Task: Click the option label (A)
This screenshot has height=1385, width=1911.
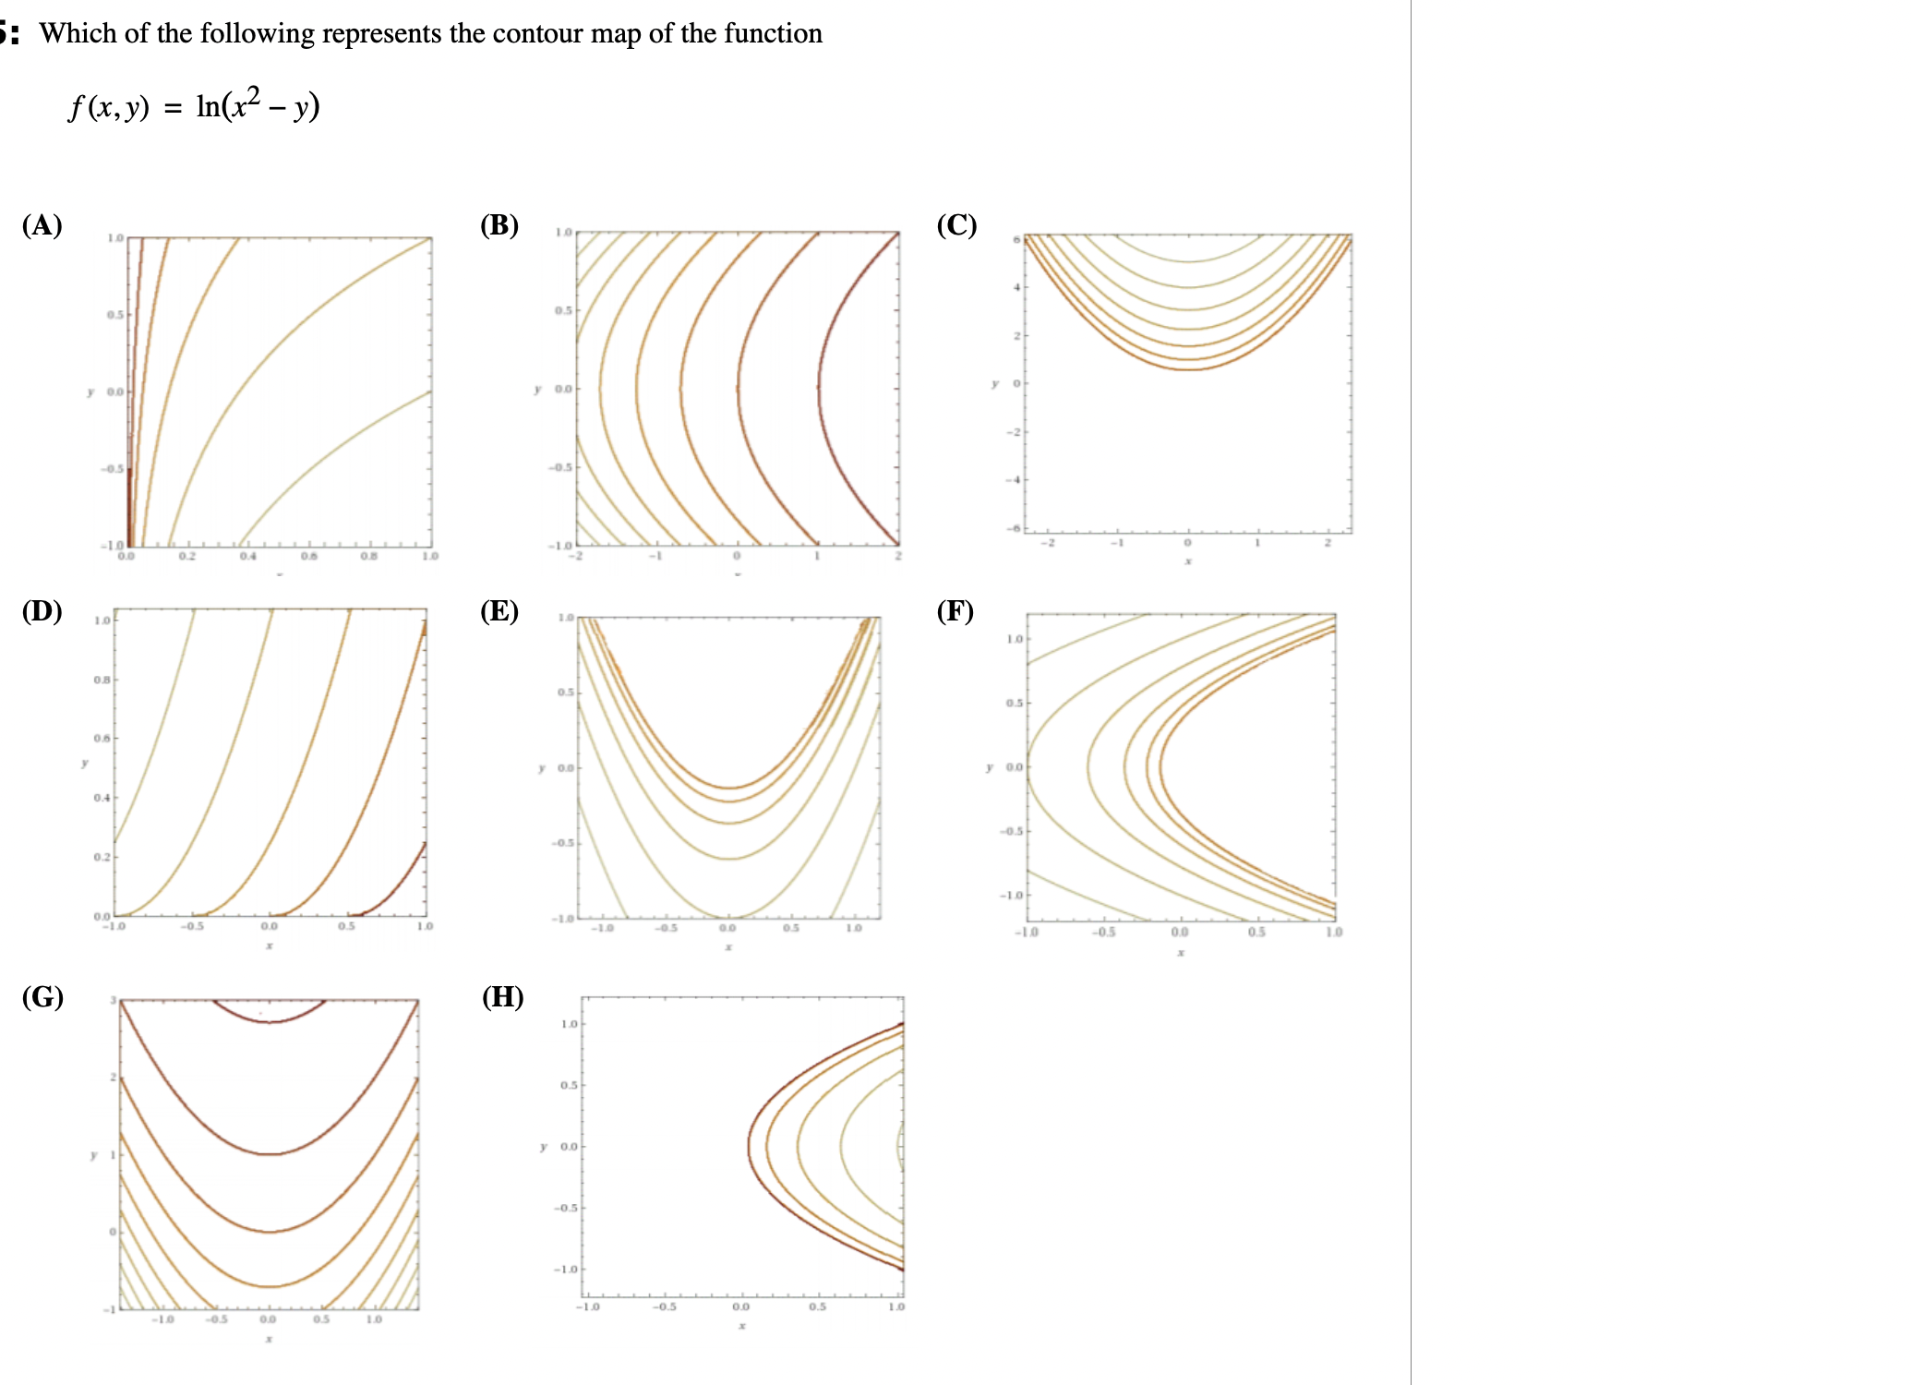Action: (x=42, y=225)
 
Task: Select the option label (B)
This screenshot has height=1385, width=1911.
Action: (x=499, y=225)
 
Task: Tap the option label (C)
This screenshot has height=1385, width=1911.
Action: (x=956, y=225)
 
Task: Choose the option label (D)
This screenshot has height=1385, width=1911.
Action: (x=42, y=611)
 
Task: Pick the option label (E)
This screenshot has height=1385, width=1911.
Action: (x=499, y=611)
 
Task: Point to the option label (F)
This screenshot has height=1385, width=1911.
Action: (x=955, y=611)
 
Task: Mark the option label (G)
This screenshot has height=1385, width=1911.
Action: (x=42, y=997)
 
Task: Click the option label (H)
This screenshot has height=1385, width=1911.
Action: (x=503, y=997)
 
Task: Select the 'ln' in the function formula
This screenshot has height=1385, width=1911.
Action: (x=208, y=106)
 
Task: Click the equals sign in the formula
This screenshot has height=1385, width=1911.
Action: (x=173, y=108)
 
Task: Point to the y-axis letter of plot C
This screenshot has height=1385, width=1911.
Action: (x=994, y=383)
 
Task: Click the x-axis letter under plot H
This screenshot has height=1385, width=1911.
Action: (x=741, y=1326)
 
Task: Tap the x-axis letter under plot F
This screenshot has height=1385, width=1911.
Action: (x=1181, y=952)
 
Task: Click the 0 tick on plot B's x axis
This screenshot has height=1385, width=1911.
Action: (x=736, y=556)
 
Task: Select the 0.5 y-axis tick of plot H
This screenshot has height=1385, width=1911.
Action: (x=569, y=1085)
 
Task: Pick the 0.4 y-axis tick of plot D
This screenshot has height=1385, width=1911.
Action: (x=102, y=798)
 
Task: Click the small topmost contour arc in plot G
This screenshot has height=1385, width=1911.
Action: (x=270, y=1018)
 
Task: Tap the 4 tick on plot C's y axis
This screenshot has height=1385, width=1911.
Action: (x=1016, y=287)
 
